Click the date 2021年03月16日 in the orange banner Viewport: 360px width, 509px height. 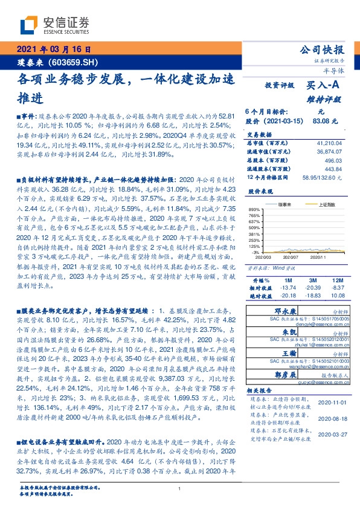pyautogui.click(x=54, y=49)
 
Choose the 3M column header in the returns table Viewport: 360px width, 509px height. pyautogui.click(x=312, y=280)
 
